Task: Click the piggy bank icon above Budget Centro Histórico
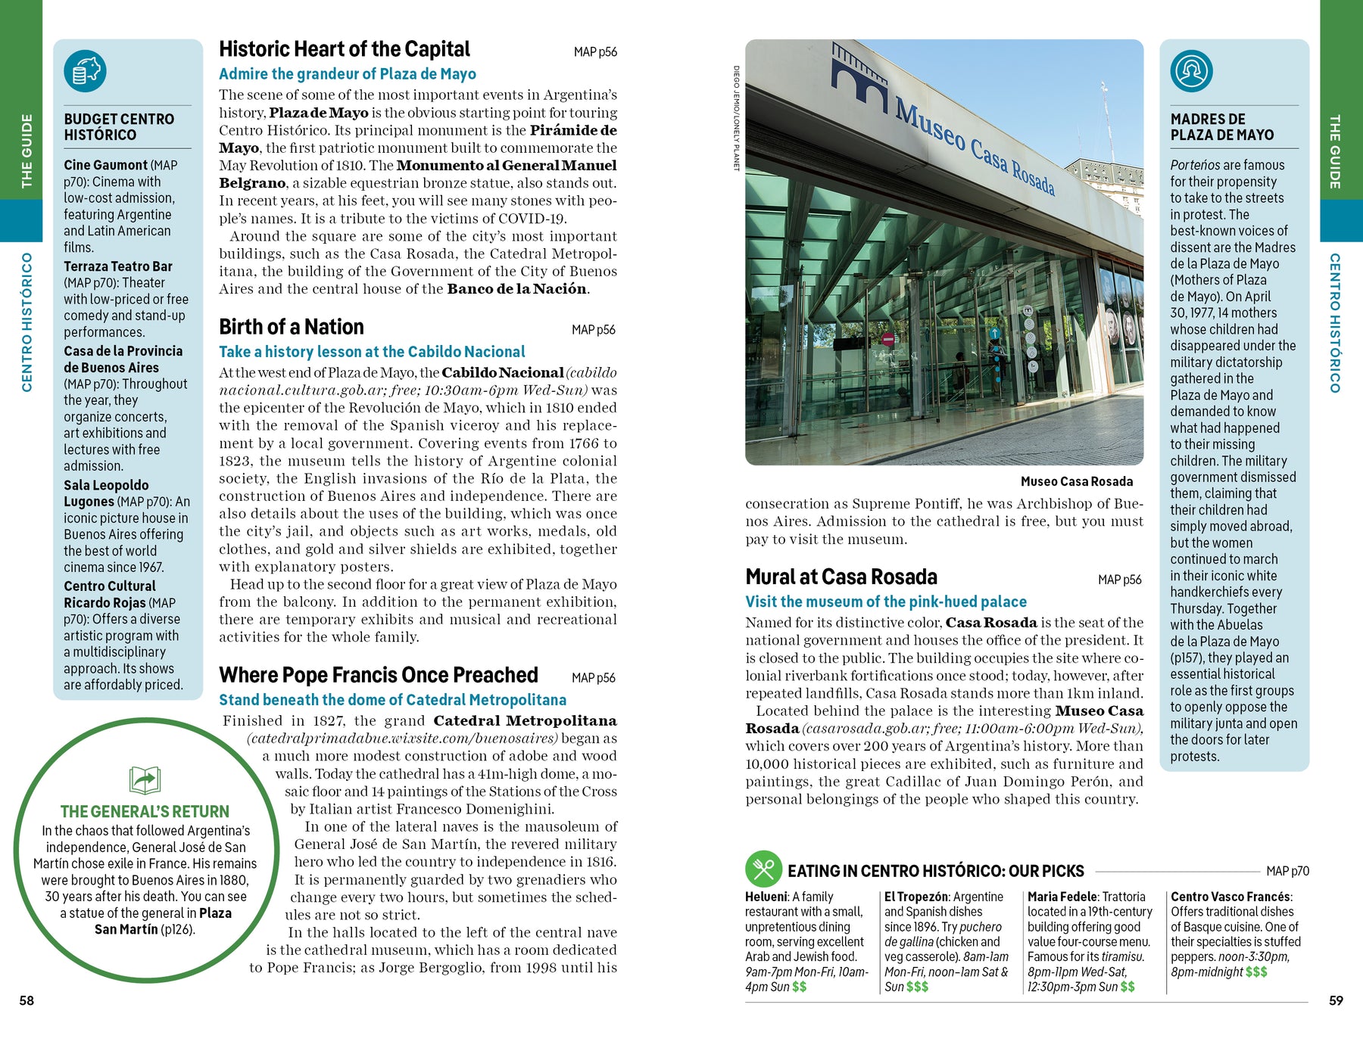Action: pos(86,71)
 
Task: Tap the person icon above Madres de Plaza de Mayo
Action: pos(1191,71)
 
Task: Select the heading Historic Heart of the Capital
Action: pos(345,50)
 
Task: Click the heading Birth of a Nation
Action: pos(292,327)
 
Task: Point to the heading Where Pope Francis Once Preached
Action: pos(379,675)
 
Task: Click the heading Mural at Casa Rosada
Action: pos(841,577)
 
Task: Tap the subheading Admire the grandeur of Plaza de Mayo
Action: pos(348,74)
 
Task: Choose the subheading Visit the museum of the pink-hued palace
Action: pos(886,602)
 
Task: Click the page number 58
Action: pos(27,1000)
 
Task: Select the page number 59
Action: pos(1336,1000)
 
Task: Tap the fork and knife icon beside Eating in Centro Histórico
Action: pos(763,869)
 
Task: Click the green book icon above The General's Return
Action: pos(145,779)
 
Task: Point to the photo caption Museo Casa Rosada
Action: pos(1076,481)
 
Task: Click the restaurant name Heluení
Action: pos(766,897)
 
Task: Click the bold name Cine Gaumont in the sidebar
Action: pos(106,165)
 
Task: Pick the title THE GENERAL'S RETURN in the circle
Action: pos(145,812)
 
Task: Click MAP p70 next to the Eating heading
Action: pos(1287,871)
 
